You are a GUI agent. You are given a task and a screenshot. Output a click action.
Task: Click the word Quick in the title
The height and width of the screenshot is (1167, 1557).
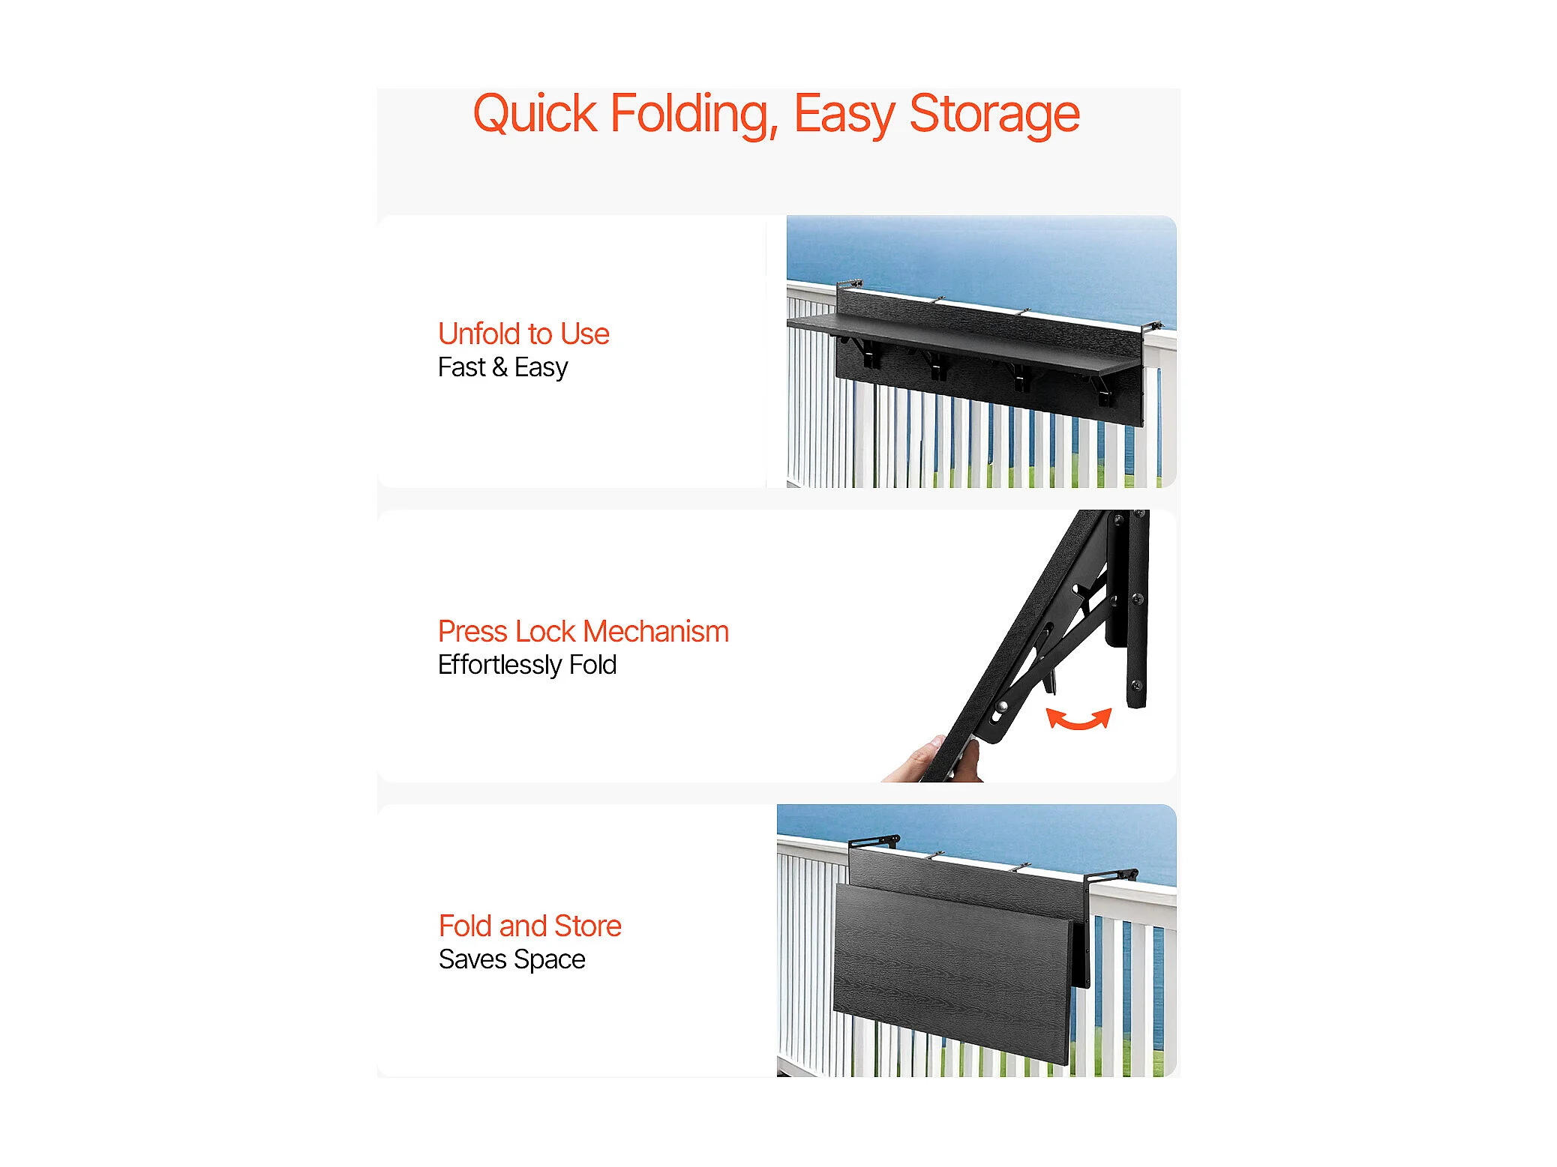[x=535, y=114]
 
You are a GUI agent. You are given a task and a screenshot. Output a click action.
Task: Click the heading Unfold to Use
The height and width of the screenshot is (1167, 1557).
[x=523, y=334]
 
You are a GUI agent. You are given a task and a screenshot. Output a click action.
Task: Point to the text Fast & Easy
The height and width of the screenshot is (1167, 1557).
[x=502, y=367]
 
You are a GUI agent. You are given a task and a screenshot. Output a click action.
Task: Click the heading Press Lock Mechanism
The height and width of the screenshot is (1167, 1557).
[x=583, y=631]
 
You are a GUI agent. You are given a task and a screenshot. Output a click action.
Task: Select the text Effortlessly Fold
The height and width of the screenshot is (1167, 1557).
[x=527, y=665]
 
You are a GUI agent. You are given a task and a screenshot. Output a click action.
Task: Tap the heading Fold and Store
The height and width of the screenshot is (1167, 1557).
[x=530, y=926]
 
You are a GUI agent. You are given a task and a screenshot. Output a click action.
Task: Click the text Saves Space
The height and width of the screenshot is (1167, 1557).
[x=512, y=959]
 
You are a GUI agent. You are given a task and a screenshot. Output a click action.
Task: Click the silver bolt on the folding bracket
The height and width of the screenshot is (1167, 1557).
[x=1002, y=706]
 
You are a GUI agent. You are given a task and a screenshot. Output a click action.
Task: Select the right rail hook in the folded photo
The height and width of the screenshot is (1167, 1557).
[x=1111, y=875]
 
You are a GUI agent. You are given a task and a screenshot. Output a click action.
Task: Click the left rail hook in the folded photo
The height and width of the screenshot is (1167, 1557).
[x=874, y=842]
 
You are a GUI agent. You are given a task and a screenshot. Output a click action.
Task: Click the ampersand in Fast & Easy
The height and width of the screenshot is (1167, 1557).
[x=499, y=367]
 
